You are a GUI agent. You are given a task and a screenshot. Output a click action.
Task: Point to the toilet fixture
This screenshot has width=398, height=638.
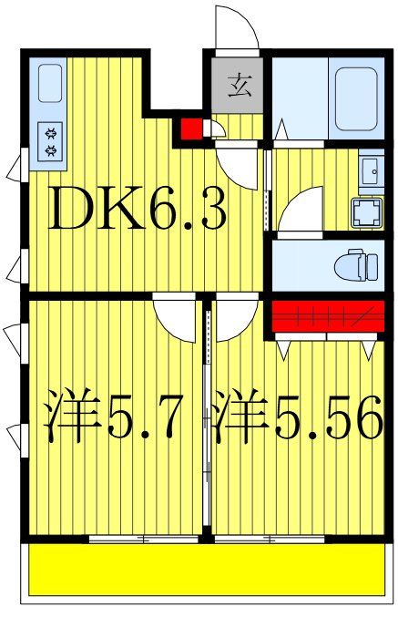356,266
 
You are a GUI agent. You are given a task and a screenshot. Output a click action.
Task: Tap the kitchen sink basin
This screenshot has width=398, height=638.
51,83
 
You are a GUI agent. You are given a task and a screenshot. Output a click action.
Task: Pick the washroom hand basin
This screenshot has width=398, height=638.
371,170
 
